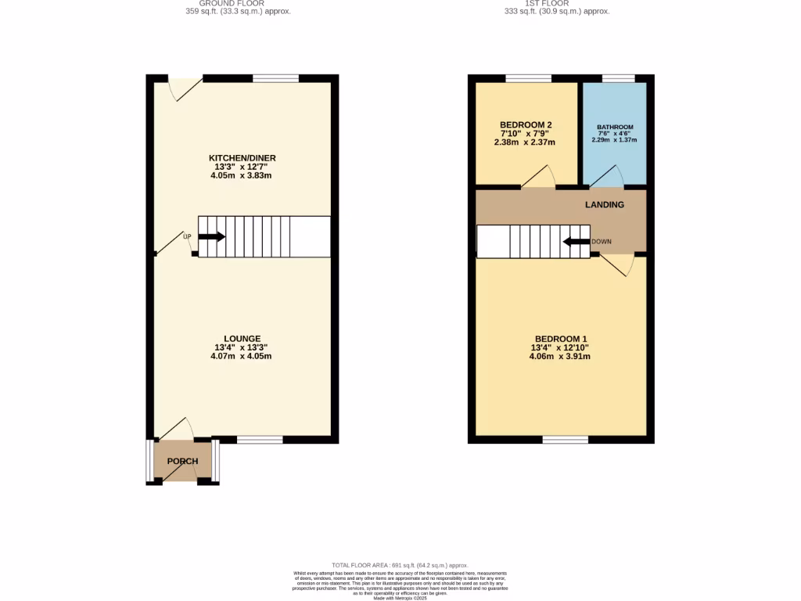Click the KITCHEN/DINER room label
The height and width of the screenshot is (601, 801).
click(242, 158)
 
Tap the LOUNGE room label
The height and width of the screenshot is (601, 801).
click(242, 339)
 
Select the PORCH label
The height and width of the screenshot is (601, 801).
click(182, 461)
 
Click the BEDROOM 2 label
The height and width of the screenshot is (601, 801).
click(526, 124)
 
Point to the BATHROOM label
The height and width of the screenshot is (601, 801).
click(615, 127)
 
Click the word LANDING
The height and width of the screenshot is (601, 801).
click(605, 205)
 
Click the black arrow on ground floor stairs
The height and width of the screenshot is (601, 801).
click(211, 236)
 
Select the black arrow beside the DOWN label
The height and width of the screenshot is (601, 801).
click(577, 241)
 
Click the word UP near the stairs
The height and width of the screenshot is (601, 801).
click(187, 236)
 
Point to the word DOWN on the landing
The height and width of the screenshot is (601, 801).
click(601, 241)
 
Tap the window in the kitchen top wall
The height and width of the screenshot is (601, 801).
click(275, 78)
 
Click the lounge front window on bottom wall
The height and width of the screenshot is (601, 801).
click(260, 440)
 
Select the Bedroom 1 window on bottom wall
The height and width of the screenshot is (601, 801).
click(565, 440)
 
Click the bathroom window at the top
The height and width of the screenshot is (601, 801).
click(618, 78)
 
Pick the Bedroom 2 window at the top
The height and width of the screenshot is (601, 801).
click(528, 78)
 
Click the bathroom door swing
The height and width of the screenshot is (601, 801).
click(607, 177)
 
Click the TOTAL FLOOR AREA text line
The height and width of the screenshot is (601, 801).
click(400, 565)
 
